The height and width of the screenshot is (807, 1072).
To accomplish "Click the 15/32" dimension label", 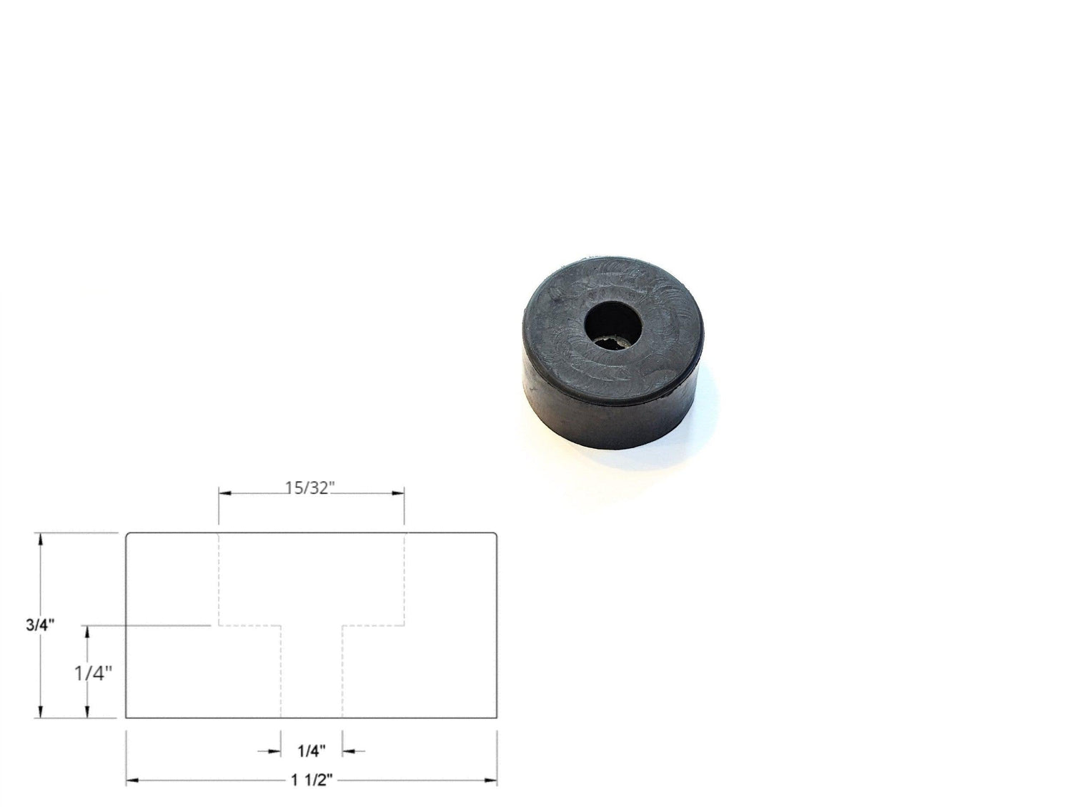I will click(x=311, y=488).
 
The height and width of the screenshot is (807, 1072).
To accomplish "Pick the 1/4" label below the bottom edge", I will click(x=312, y=751).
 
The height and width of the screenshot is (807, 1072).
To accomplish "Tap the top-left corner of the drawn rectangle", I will click(x=127, y=533).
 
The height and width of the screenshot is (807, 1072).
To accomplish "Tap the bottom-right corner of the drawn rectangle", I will click(x=497, y=717).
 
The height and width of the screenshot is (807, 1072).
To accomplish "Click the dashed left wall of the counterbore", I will click(x=219, y=579).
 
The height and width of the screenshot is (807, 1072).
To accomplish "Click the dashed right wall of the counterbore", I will click(x=405, y=579).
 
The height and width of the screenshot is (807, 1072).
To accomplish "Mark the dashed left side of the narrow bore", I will click(x=281, y=672).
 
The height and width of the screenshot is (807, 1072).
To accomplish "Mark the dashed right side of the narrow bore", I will click(x=343, y=672).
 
